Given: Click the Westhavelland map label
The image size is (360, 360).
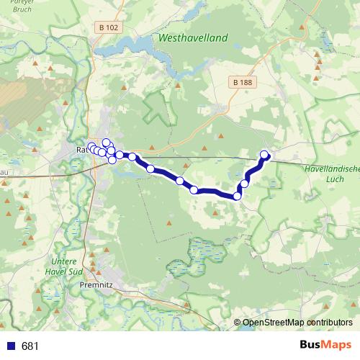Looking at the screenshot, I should (x=192, y=37).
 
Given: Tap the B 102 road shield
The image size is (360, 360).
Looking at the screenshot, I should (x=105, y=27).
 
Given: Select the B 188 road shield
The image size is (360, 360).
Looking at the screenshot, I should (x=243, y=83).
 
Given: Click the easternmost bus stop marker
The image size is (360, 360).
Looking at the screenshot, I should (x=264, y=154).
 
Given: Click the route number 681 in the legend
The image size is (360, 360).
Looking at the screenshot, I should (x=30, y=346).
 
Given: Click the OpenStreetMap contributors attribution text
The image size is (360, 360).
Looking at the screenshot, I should (x=297, y=322).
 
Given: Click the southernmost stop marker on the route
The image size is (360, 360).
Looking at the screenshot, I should (x=237, y=196).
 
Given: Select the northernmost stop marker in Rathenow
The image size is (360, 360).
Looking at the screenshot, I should (x=106, y=143).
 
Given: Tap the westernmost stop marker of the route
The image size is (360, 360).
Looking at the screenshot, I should (x=91, y=148).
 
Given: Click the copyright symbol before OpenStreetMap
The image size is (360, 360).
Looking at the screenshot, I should (x=238, y=323).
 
